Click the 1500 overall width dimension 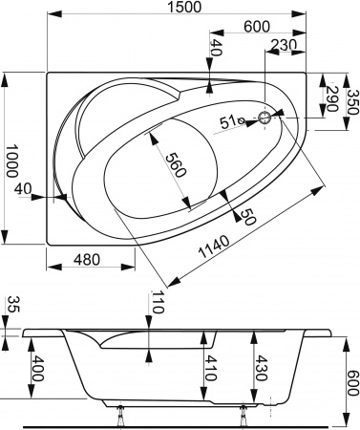(x=184, y=7)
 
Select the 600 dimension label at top (x=257, y=27)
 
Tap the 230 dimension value (x=284, y=45)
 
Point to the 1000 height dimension (x=11, y=161)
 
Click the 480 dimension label (x=87, y=260)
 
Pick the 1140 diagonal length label (x=214, y=247)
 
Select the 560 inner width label (x=176, y=165)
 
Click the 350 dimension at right (x=352, y=102)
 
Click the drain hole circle (x=264, y=118)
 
